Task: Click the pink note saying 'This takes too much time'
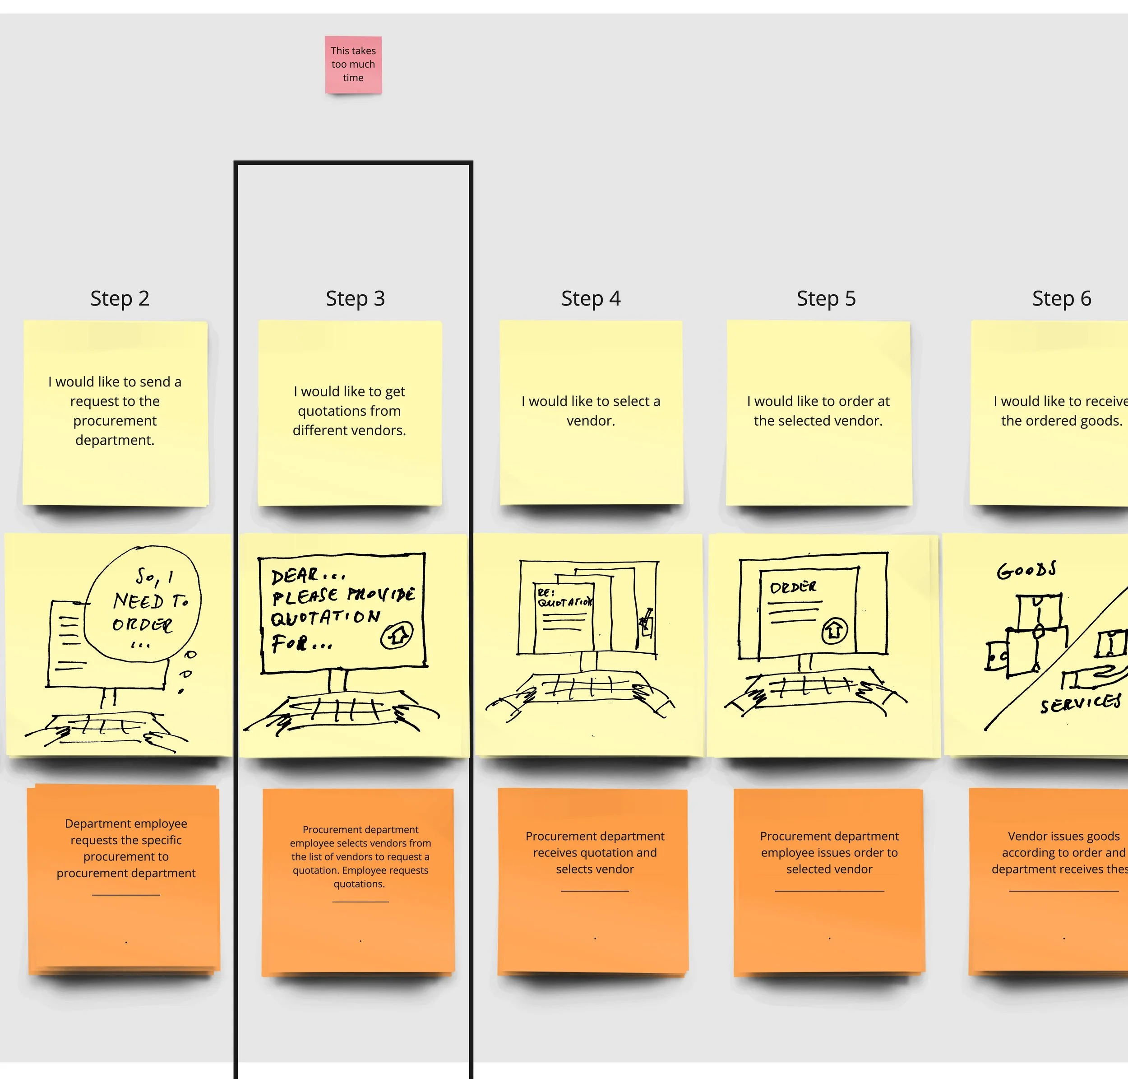coord(353,65)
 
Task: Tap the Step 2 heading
coord(120,298)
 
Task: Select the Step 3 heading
coord(355,298)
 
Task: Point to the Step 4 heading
coord(591,298)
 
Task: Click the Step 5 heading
coord(826,298)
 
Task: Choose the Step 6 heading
coord(1061,298)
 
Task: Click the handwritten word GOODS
coord(1026,570)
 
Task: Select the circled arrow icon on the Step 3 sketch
coord(397,635)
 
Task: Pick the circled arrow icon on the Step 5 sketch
coord(834,630)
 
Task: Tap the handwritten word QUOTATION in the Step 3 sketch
coord(325,618)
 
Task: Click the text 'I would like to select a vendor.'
coord(591,411)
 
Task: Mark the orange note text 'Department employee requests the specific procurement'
coord(126,848)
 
